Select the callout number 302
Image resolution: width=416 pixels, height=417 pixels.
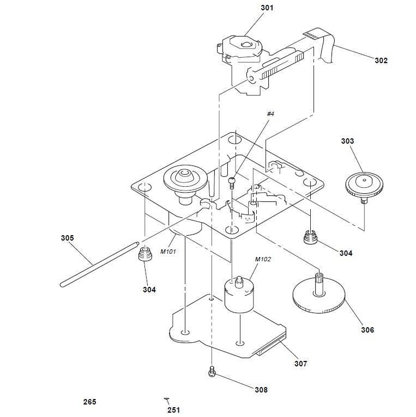381,60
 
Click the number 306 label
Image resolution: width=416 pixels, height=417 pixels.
367,330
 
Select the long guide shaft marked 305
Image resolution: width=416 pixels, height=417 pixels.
98,266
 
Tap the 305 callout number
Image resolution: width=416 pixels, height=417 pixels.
67,238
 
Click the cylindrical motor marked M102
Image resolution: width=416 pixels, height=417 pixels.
238,296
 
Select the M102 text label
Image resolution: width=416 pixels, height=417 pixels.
263,259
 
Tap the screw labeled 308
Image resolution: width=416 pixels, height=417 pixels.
212,372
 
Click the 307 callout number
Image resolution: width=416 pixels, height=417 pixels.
300,364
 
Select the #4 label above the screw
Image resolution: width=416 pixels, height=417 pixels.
271,114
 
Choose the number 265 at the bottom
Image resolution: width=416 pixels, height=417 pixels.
89,402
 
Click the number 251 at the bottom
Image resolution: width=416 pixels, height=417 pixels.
173,410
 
